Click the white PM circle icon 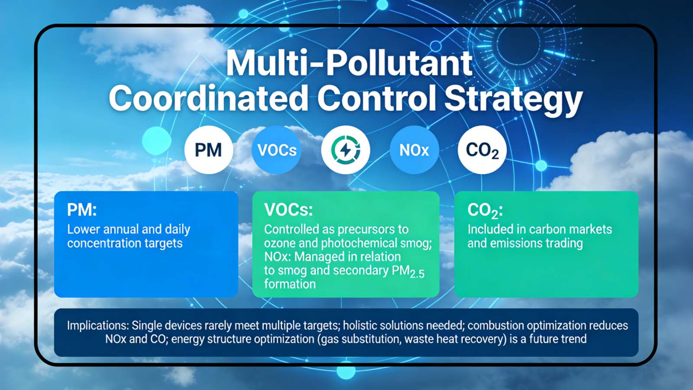coord(208,150)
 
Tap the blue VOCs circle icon coord(277,150)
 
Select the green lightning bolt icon coord(345,150)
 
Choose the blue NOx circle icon coord(414,150)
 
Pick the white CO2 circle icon coord(482,150)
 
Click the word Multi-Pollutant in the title coord(349,63)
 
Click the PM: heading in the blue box coord(82,210)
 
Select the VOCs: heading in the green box coord(288,210)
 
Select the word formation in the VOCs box coord(290,284)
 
